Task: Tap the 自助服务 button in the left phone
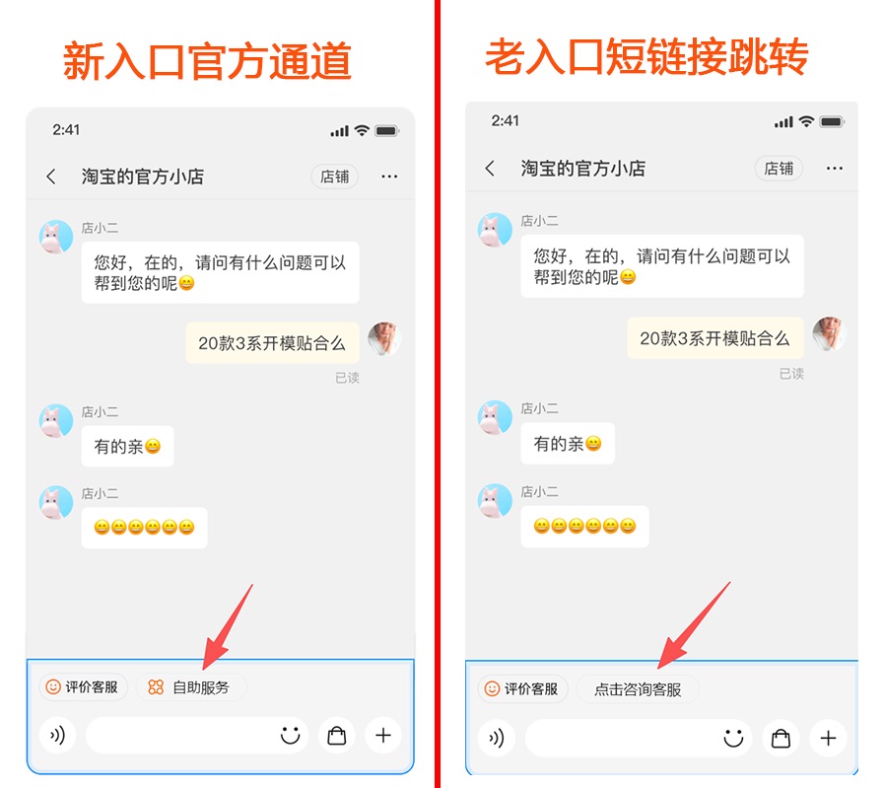191,687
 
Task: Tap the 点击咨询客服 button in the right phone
638,689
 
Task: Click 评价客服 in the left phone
84,687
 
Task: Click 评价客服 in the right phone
522,688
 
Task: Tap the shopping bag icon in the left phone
337,736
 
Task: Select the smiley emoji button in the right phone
733,738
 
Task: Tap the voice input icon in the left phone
57,736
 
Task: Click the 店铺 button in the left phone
334,177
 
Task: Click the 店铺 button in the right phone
779,169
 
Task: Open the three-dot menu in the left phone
389,177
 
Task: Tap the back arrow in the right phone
490,168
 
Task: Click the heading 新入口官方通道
207,61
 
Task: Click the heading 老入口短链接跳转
646,56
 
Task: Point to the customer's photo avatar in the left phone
384,338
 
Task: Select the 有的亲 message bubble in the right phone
568,444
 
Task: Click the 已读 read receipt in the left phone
347,378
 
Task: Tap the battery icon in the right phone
832,121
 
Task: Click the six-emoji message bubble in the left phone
144,528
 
